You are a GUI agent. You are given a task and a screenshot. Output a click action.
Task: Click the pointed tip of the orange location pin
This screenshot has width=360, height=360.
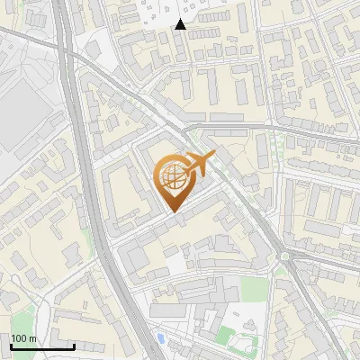[x=171, y=211]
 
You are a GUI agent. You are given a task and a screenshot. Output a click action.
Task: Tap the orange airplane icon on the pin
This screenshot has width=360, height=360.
[x=196, y=165]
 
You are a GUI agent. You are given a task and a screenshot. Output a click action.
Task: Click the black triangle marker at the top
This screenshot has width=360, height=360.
[x=181, y=24]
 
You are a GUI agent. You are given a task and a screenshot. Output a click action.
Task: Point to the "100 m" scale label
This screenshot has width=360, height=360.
[x=24, y=337]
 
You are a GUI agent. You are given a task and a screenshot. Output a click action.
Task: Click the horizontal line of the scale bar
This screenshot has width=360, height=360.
[x=42, y=346]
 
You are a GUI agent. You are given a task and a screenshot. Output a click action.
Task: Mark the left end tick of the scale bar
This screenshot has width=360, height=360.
[x=12, y=345]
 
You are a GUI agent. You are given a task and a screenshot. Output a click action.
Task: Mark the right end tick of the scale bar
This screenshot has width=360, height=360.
[x=74, y=345]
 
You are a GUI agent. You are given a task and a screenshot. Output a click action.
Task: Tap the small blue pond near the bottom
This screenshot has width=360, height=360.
[x=161, y=338]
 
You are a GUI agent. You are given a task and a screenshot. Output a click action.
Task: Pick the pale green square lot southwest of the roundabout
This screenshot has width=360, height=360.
[x=255, y=288]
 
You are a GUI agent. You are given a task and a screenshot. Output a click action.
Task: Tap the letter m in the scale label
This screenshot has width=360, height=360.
[x=32, y=337]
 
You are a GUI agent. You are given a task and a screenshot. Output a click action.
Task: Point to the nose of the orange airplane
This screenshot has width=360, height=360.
[x=212, y=156]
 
